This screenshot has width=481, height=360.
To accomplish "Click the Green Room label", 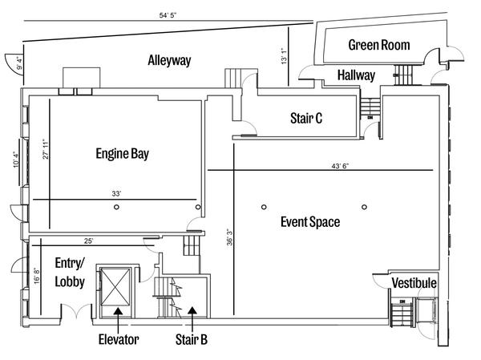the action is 379,45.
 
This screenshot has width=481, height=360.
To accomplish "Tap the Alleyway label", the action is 169,60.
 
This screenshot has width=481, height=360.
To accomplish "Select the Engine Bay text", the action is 123,154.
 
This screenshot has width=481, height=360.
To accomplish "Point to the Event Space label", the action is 310,222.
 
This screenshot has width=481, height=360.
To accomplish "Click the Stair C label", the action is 306,118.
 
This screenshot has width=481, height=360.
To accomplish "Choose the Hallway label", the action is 356,75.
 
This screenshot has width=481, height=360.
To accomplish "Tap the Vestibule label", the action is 414,283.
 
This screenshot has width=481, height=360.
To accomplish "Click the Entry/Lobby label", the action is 70,273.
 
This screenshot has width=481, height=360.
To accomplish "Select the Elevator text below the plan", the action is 119,339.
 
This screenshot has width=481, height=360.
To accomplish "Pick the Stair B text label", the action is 192,339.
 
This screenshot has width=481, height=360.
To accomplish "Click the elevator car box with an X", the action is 115,287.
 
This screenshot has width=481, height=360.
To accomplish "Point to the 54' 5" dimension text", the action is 168,15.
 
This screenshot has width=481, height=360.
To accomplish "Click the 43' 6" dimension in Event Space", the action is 340,166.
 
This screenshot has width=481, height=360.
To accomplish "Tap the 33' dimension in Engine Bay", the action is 116,194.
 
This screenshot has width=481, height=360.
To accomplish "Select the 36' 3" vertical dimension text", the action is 230,237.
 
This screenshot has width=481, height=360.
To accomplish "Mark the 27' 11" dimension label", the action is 46,149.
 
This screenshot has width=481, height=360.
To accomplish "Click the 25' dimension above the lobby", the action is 88,241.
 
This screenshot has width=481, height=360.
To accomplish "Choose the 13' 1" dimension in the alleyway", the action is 284,55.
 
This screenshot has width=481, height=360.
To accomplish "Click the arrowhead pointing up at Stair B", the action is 192,310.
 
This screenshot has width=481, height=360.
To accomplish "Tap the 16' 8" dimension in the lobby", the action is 37,276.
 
